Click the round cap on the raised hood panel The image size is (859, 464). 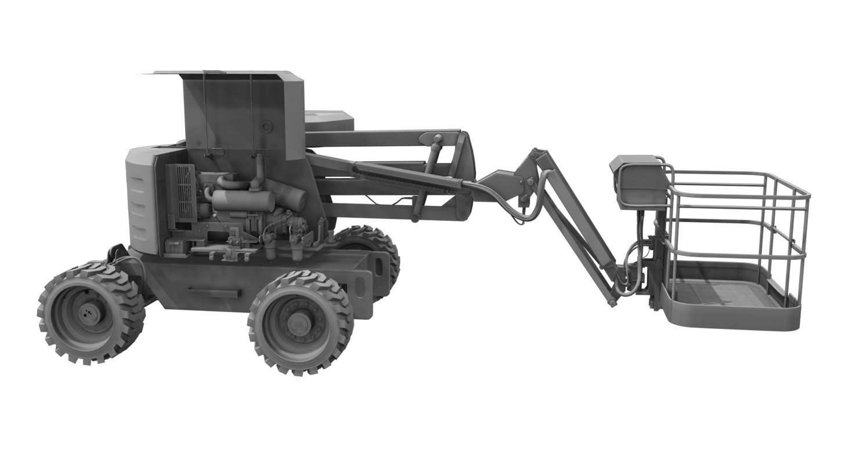(266, 126)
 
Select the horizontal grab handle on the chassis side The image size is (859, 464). (214, 293)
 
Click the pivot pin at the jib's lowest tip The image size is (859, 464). (612, 302)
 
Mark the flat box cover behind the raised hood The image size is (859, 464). (329, 121)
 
